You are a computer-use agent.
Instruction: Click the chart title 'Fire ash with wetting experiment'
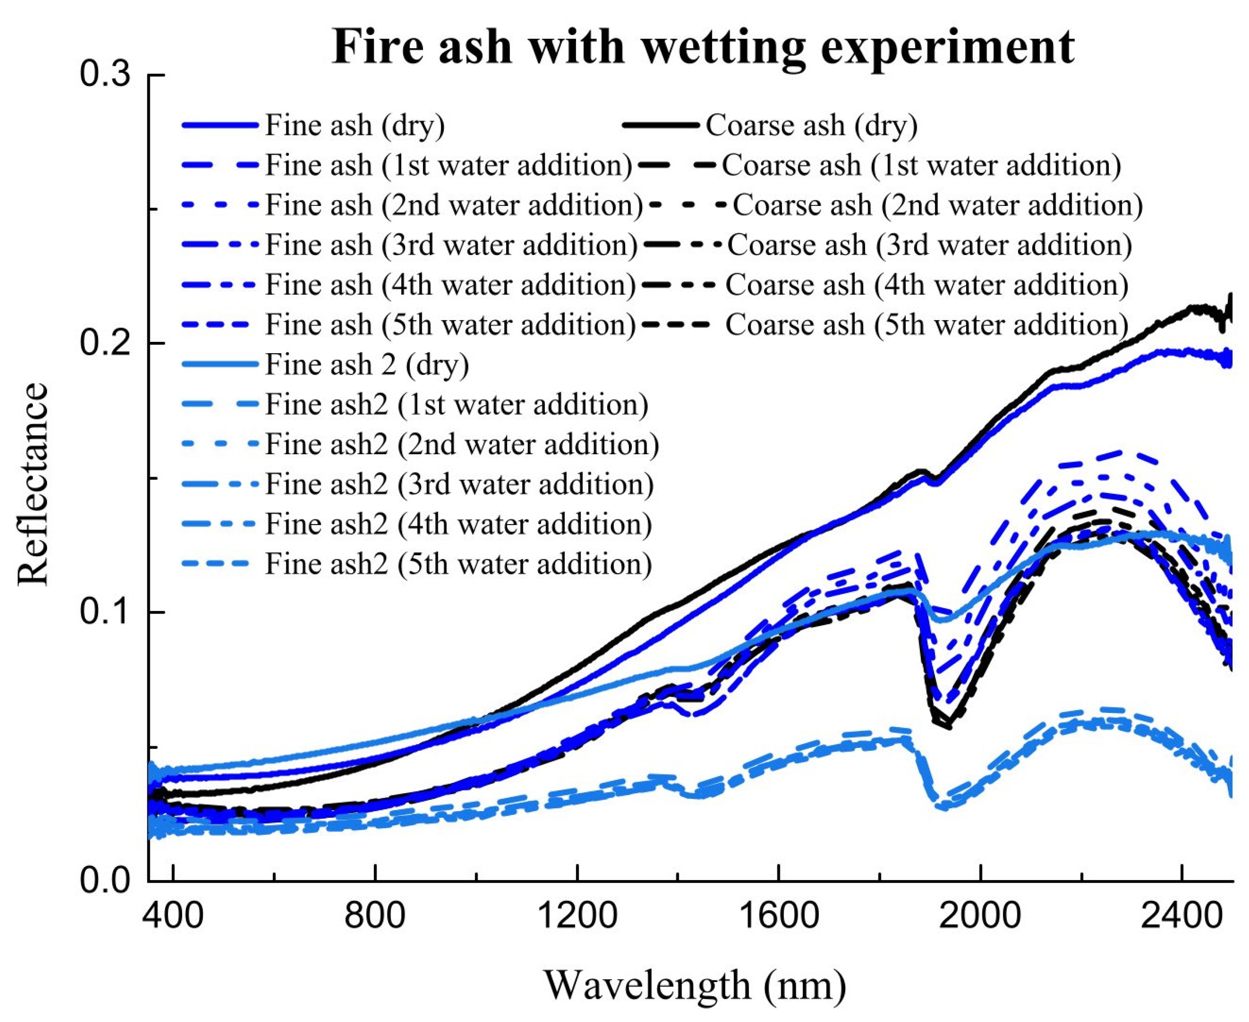coord(703,47)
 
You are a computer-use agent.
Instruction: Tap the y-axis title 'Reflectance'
coord(32,484)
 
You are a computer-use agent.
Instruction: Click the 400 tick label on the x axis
coord(173,916)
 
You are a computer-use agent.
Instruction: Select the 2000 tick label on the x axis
coord(980,916)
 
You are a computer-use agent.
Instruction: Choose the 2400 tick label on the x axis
coord(1182,916)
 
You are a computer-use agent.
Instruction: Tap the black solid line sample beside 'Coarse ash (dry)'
coord(660,125)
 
